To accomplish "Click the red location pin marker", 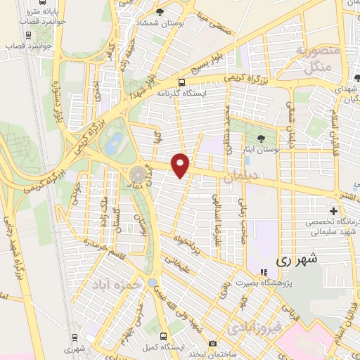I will pos(181,165).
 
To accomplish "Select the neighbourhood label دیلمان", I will pos(237,179).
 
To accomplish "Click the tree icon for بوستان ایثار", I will pos(261,138).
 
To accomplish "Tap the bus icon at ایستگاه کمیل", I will pos(163,335).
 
